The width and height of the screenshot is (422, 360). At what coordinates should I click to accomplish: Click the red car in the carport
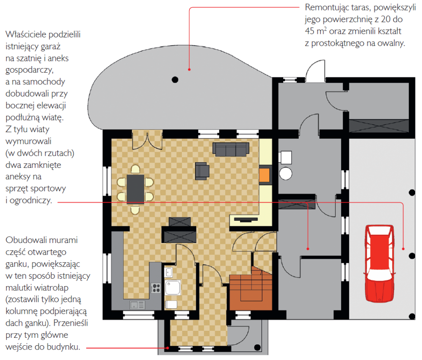click(379, 263)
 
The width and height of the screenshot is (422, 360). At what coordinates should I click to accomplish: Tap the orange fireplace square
click(264, 175)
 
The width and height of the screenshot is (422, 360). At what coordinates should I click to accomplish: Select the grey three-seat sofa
click(231, 149)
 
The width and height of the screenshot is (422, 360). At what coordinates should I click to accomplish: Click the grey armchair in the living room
click(202, 171)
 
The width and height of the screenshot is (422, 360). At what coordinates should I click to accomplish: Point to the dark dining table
click(135, 189)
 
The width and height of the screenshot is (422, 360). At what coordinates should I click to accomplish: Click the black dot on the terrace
click(175, 80)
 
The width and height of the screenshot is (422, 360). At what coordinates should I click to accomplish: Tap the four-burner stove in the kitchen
click(156, 288)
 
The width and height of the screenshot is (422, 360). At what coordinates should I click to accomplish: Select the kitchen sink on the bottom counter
click(137, 305)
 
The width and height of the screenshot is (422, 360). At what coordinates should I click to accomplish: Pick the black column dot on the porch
click(257, 347)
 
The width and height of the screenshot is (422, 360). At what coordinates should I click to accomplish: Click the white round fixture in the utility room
click(285, 173)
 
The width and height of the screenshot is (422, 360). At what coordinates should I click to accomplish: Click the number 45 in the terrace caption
click(309, 31)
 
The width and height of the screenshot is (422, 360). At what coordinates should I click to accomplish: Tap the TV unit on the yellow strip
click(246, 220)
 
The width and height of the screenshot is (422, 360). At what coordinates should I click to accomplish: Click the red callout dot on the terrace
click(189, 70)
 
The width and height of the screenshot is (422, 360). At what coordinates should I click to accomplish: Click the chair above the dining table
click(135, 170)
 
